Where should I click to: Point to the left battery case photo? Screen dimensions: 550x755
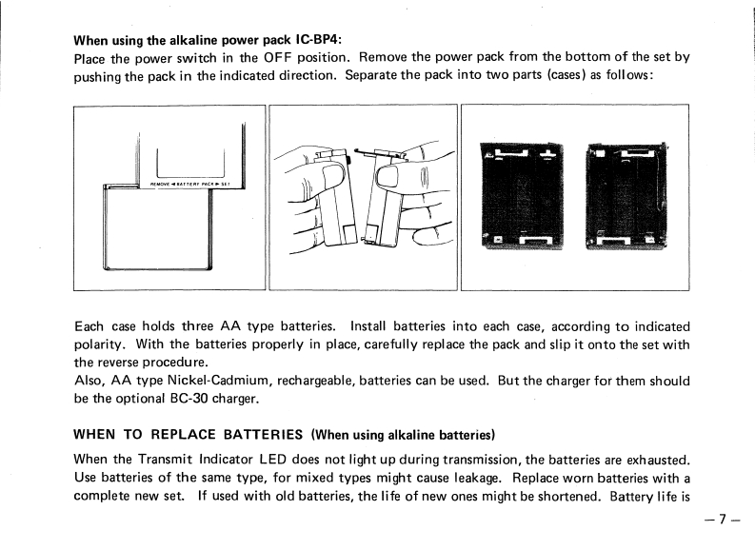click(x=523, y=195)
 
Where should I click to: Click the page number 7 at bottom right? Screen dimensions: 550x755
click(x=723, y=520)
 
